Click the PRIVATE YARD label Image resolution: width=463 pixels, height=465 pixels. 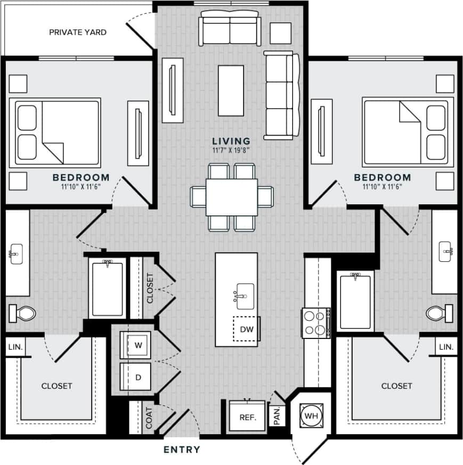(78, 32)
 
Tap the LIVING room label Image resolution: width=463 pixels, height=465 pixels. (231, 141)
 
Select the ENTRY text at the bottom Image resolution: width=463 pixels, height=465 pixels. (182, 450)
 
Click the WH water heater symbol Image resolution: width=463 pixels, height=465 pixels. (310, 414)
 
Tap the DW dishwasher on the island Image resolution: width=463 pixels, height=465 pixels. (246, 329)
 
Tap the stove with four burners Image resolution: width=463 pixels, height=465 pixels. (314, 322)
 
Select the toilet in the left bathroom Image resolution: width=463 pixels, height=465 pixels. (22, 312)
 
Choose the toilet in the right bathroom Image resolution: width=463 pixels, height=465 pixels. (440, 312)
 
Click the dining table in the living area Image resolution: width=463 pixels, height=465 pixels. (232, 197)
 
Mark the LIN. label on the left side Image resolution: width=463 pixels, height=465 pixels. (14, 347)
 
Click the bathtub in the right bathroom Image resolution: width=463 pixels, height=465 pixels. (355, 301)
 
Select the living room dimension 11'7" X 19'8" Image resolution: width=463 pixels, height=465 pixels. (231, 150)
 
